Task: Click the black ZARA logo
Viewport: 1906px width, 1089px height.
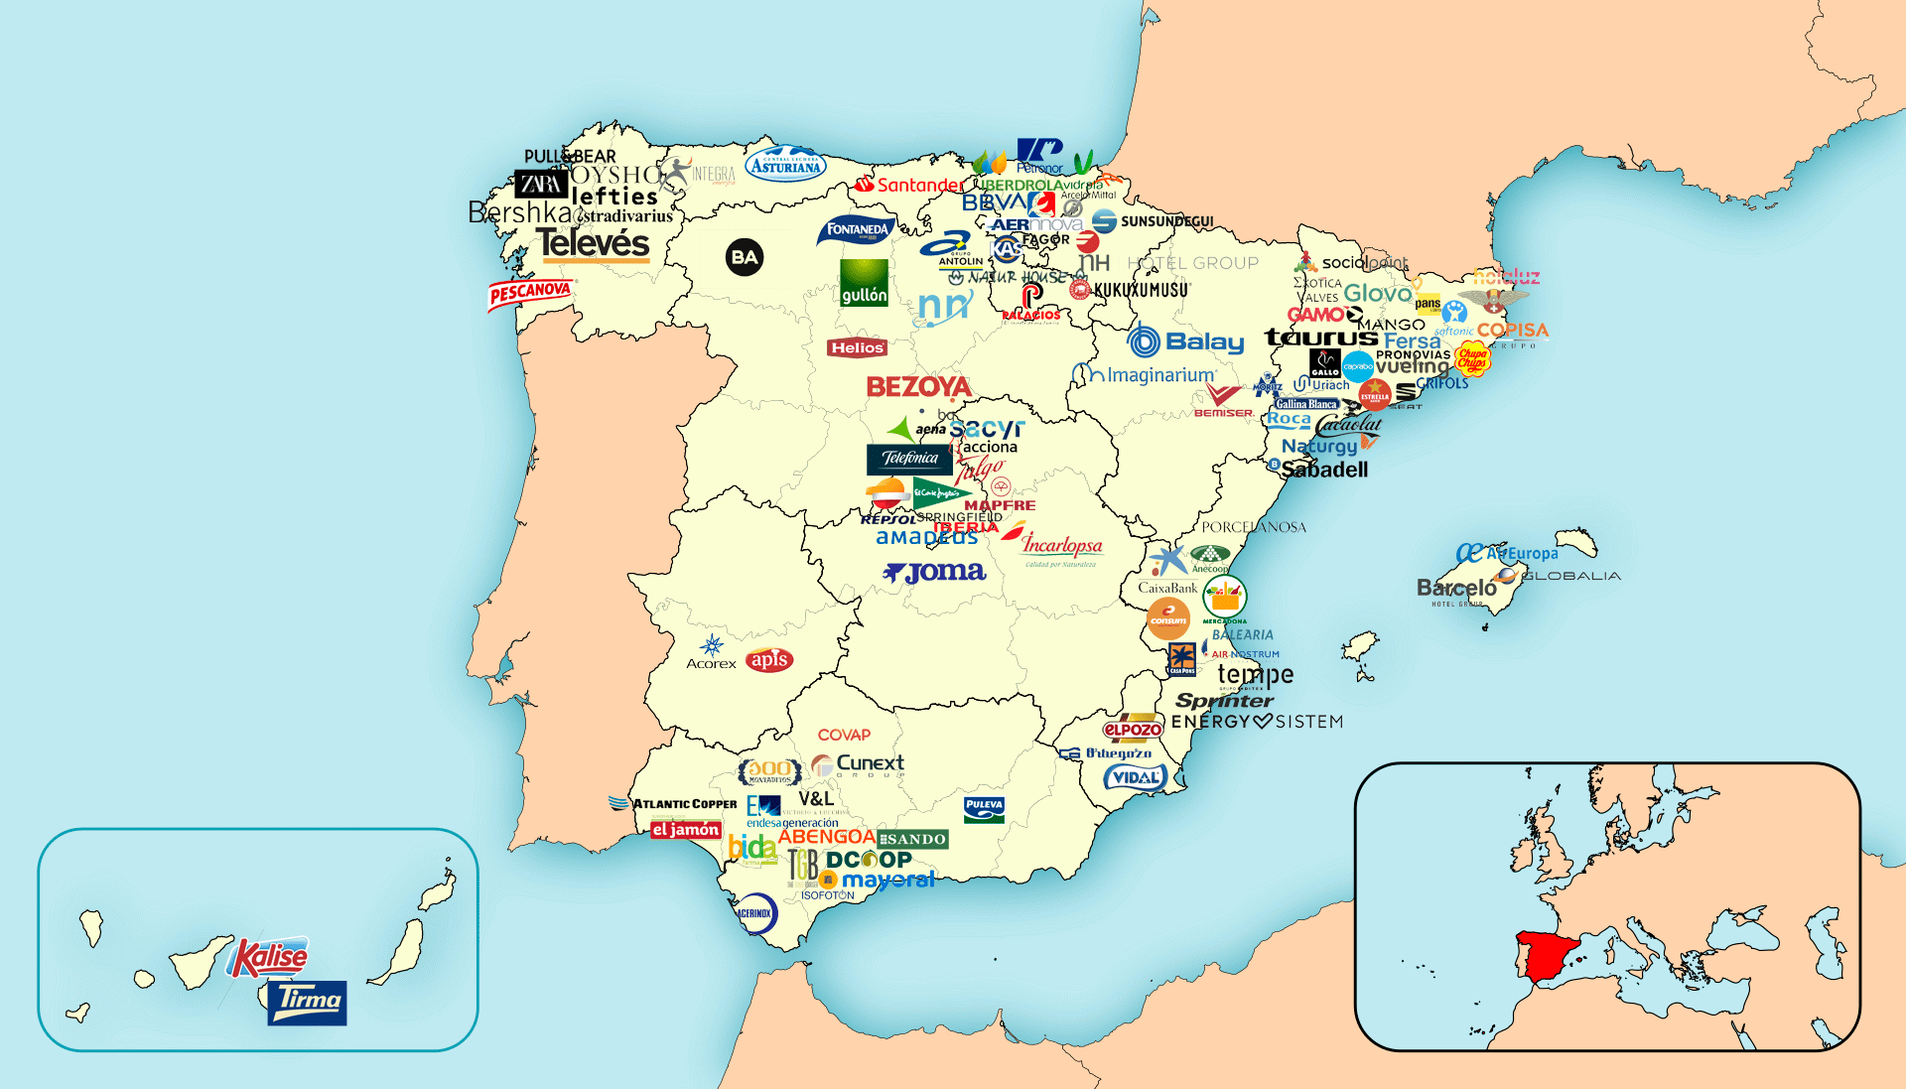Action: coord(541,184)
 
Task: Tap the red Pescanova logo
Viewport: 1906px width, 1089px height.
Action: coord(530,293)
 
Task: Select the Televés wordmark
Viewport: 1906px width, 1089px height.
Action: coord(593,244)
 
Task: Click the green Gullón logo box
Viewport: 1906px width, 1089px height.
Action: coord(864,283)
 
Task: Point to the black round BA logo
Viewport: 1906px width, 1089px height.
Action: coord(745,258)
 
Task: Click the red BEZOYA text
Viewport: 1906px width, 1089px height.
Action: coord(918,387)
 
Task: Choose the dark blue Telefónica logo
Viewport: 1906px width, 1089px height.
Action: coord(909,459)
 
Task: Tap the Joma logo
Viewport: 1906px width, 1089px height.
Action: coord(934,573)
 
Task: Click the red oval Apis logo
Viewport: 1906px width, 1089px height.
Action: coord(769,659)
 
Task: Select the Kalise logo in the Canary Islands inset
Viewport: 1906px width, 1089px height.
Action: coord(268,958)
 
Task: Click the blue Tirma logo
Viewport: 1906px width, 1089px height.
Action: coord(307,1002)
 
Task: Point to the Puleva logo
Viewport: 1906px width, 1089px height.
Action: coord(984,809)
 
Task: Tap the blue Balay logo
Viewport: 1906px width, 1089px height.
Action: coord(1186,341)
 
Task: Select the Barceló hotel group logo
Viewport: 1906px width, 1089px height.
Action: coord(1456,590)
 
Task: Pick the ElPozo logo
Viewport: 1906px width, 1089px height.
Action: coord(1133,729)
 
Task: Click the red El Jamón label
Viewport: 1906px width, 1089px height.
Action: coord(685,830)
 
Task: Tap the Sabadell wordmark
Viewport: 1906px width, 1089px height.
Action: coord(1324,470)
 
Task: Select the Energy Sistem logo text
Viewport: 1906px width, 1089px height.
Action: coord(1257,722)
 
